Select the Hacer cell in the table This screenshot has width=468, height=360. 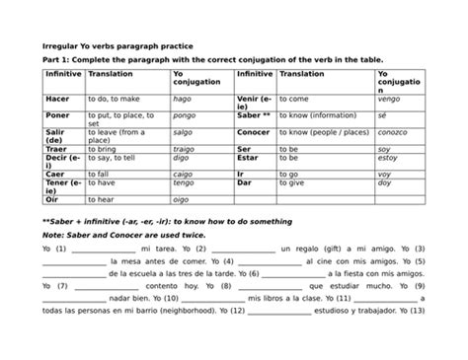coord(57,100)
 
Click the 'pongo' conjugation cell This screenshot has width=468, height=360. coord(184,114)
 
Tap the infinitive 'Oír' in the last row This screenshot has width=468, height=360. coord(51,198)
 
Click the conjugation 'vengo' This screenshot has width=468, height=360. coord(392,100)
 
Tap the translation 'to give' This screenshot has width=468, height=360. coord(296,181)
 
